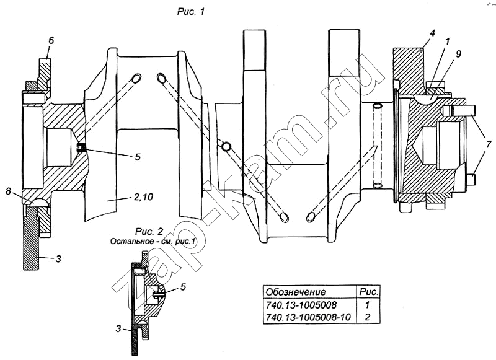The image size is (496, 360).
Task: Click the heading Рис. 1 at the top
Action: click(191, 12)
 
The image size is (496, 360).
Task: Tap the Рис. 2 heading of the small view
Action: click(149, 232)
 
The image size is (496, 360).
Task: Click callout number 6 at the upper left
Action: click(51, 40)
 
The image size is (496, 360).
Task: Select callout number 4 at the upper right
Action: click(432, 33)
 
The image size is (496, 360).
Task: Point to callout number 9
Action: click(458, 54)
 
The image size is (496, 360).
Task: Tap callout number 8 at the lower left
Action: click(8, 191)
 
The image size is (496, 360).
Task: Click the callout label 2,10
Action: click(143, 197)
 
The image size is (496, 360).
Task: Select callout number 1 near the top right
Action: click(447, 42)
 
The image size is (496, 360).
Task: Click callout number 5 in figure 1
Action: click(138, 157)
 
